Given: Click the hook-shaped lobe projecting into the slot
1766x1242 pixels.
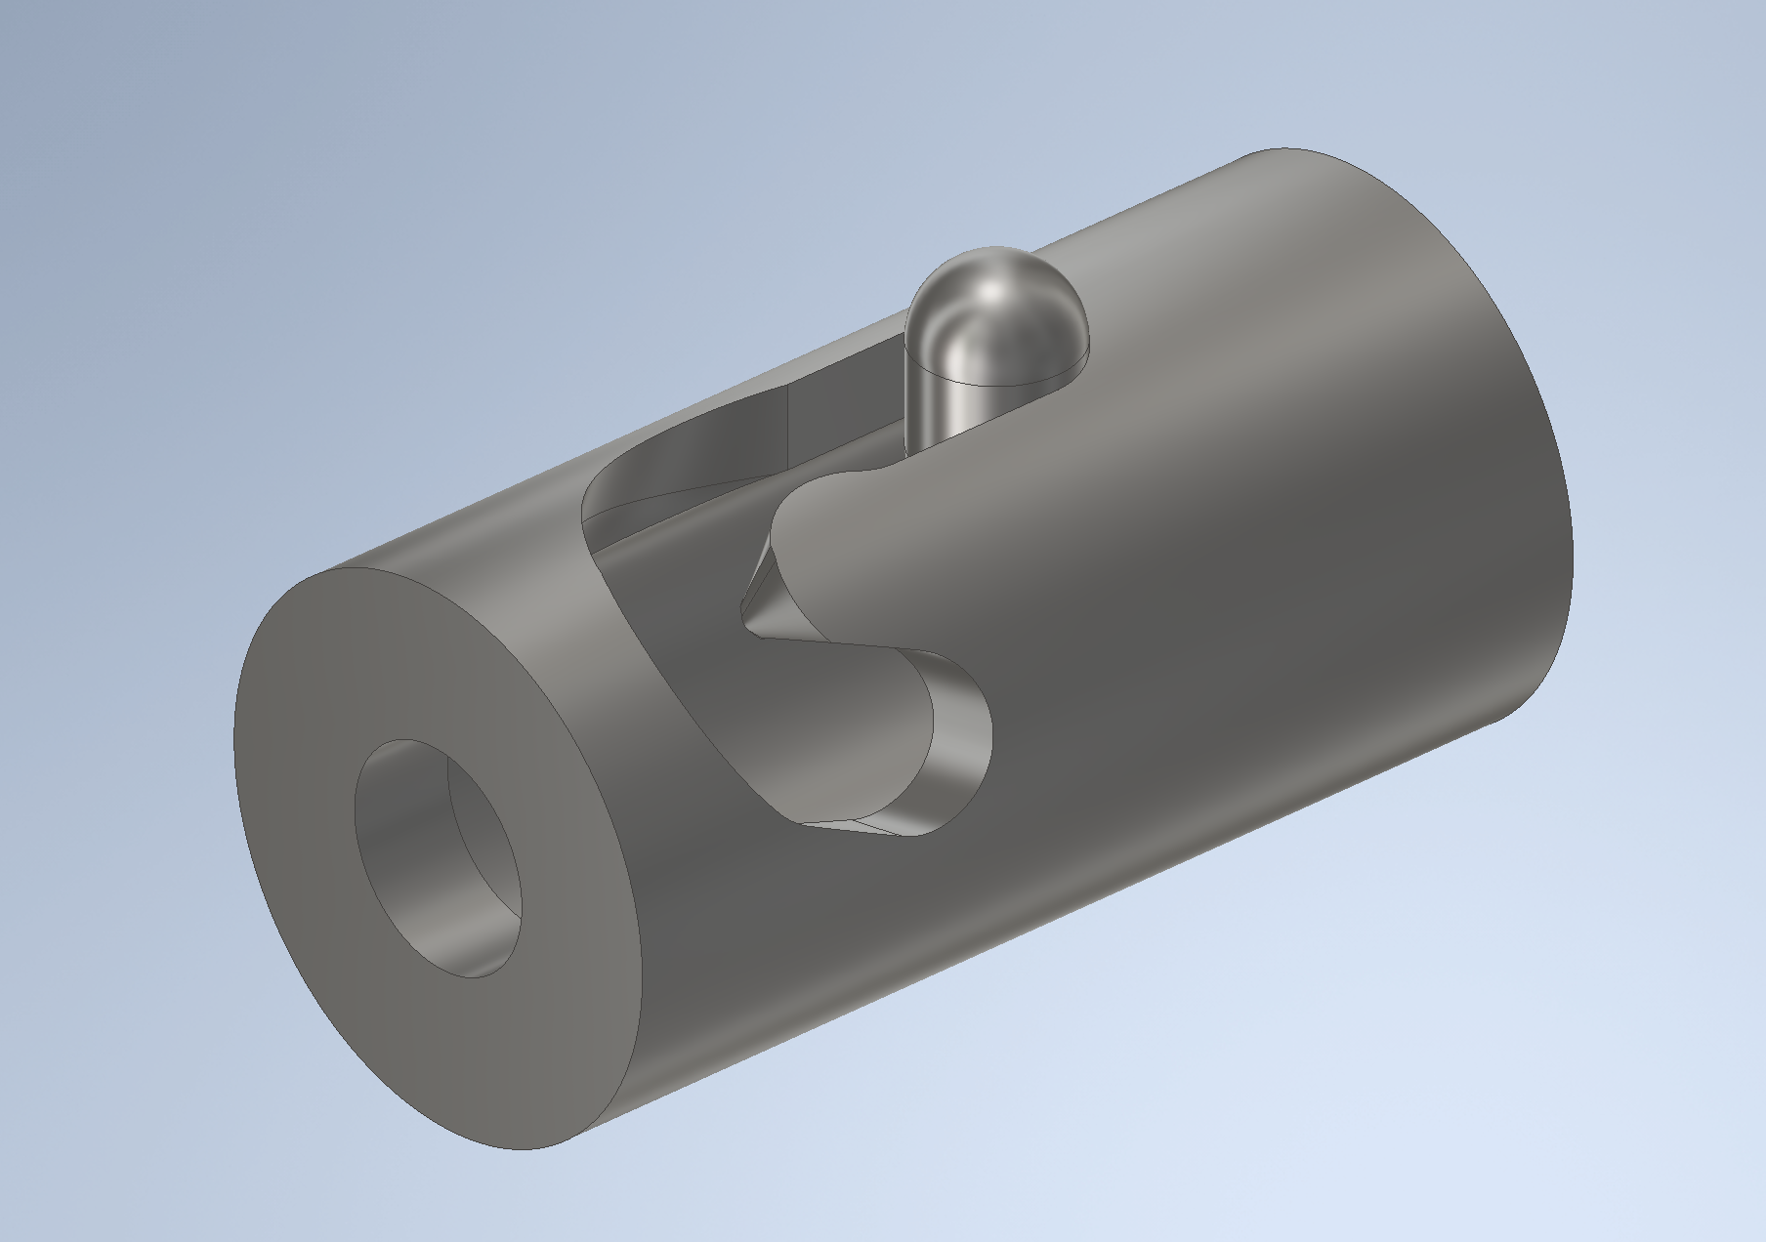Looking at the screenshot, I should point(830,547).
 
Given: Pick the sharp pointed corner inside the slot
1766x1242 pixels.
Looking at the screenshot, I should point(746,615).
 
